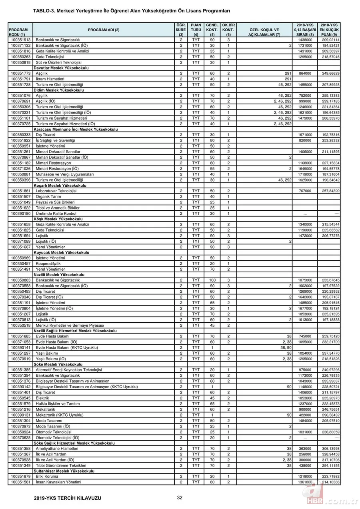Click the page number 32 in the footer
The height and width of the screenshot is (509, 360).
click(180, 497)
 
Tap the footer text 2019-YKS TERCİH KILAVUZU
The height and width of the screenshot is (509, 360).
click(68, 498)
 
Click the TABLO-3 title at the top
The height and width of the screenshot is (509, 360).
click(132, 12)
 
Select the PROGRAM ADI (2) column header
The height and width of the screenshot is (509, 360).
click(104, 30)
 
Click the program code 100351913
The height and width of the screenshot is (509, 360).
click(20, 40)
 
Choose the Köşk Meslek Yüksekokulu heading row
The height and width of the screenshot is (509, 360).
click(58, 219)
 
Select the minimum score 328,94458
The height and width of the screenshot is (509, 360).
click(330, 455)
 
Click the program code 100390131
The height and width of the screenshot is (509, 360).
click(20, 415)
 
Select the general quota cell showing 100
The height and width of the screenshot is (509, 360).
click(212, 280)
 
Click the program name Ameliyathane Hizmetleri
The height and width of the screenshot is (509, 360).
click(57, 449)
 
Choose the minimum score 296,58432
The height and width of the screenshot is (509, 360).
click(330, 415)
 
